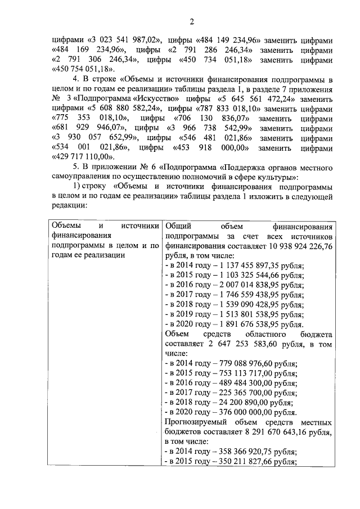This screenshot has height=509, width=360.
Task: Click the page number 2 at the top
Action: tap(191, 22)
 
